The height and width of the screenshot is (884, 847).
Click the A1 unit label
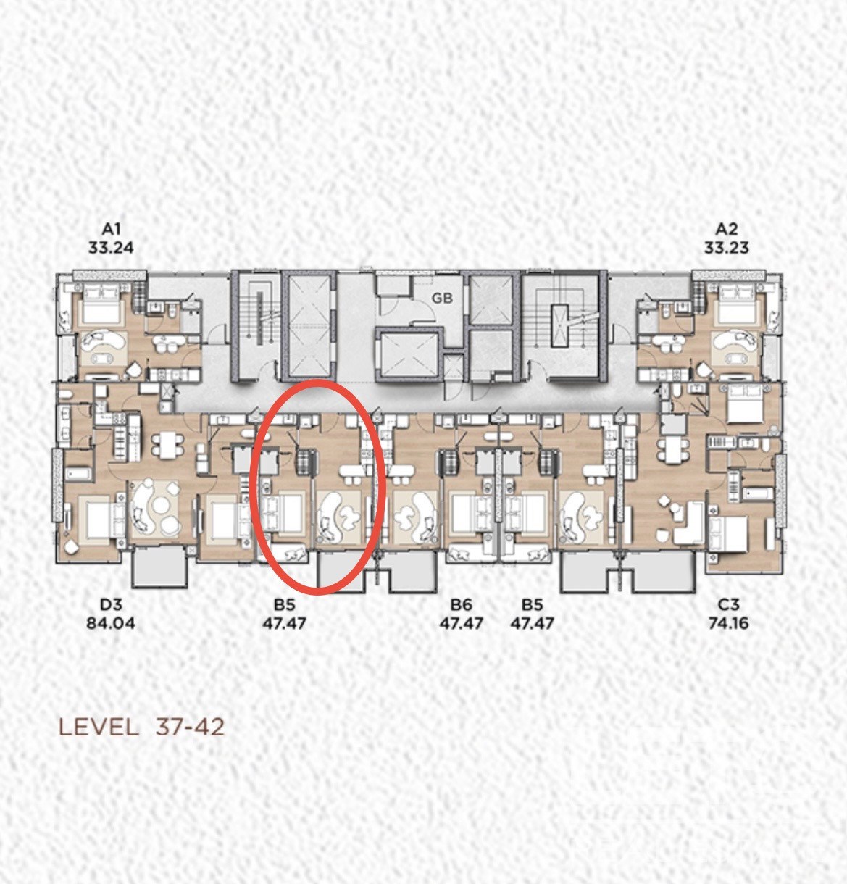111,228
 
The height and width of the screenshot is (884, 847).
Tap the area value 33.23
726,248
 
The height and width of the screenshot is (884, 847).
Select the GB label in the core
442,299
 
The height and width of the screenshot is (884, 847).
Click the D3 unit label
111,604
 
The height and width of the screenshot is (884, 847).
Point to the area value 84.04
111,623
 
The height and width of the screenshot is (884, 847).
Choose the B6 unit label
461,604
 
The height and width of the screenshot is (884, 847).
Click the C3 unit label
728,604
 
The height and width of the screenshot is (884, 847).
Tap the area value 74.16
728,623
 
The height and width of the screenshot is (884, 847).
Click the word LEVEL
99,727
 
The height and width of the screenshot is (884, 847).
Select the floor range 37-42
190,727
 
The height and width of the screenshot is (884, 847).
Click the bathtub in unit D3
78,474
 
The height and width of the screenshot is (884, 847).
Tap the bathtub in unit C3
758,493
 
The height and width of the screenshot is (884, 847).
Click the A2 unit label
726,228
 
